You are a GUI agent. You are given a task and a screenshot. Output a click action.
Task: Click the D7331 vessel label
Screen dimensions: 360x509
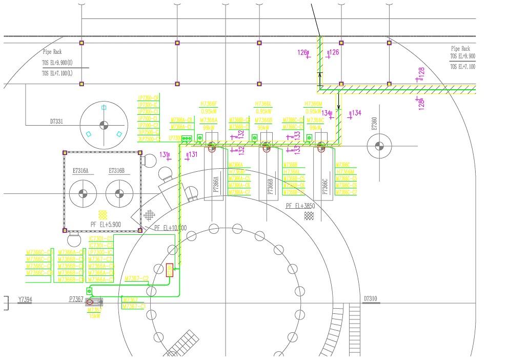coord(56,122)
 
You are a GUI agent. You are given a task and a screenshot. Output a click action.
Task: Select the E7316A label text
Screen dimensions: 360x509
coord(83,171)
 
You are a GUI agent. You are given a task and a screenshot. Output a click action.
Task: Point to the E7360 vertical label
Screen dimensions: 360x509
coord(374,125)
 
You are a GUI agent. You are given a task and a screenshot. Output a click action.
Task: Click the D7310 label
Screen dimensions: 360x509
coord(371,298)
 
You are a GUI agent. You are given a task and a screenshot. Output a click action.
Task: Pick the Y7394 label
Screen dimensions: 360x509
coord(25,299)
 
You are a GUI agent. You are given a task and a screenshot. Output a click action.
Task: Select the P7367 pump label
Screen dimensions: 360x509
coord(76,299)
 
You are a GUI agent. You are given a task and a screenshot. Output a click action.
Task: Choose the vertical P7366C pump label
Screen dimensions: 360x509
coord(324,186)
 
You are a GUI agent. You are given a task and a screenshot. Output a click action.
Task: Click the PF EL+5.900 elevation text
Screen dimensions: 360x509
coord(105,224)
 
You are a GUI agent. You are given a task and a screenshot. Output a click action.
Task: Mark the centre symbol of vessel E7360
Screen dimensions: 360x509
coord(379,146)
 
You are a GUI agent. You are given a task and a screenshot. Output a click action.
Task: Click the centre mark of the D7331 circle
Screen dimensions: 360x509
coord(104,125)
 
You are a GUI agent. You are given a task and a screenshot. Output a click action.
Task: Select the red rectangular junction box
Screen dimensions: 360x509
coord(170,270)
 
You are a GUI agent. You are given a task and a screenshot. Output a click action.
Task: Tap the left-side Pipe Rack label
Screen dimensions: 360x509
coord(52,52)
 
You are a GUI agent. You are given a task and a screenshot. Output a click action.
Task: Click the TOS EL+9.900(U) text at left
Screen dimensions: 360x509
coord(57,63)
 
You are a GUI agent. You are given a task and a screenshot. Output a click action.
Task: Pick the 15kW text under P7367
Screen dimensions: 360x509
coord(94,316)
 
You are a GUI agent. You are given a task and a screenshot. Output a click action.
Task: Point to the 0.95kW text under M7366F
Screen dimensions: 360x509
coord(209,111)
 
